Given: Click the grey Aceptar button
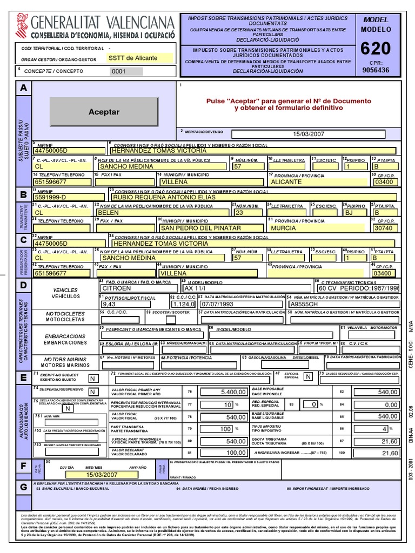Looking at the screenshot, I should [x=104, y=112].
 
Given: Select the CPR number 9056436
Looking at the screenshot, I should [x=375, y=70].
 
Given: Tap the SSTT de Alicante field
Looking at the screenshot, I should [x=139, y=58].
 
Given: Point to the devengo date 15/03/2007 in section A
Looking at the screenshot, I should [x=308, y=134].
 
